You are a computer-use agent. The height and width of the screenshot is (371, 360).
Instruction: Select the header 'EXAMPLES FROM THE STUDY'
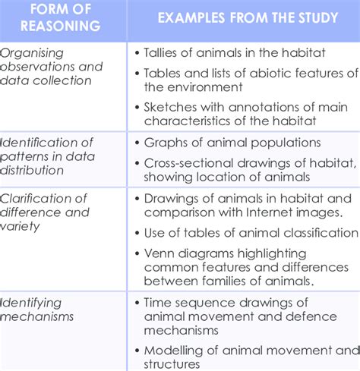pyautogui.click(x=248, y=17)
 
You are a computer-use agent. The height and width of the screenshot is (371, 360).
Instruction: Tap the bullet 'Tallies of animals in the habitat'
pyautogui.click(x=235, y=52)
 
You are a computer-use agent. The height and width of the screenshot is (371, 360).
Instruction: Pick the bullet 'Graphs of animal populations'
pyautogui.click(x=232, y=143)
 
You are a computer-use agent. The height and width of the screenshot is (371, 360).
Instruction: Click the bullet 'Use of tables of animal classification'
pyautogui.click(x=251, y=233)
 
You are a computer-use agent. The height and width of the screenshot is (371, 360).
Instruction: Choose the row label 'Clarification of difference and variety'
pyautogui.click(x=46, y=212)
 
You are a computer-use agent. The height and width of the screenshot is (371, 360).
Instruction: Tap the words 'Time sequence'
pyautogui.click(x=190, y=302)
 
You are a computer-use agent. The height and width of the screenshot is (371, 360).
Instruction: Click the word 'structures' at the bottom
pyautogui.click(x=172, y=363)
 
